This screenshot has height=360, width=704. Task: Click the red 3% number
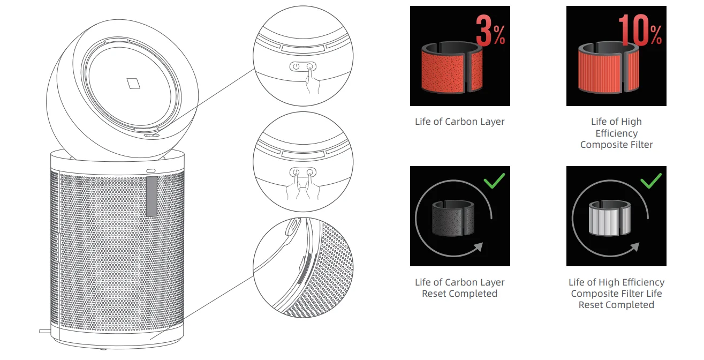pos(490,31)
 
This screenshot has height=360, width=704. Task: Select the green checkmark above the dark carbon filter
pos(494,181)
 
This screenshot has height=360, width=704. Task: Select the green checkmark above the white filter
pos(651,181)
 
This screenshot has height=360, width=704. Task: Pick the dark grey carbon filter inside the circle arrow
pos(453,218)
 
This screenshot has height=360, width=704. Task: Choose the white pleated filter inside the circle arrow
pos(609,218)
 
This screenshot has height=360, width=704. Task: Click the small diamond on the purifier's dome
pos(133,84)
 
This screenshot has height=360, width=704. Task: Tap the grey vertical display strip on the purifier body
pos(152,196)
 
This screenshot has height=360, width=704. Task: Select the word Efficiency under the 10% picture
pos(617,133)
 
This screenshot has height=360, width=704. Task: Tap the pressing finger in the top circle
pos(312,80)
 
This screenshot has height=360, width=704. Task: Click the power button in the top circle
pos(296,66)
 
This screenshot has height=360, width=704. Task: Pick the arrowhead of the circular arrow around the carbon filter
pos(478,247)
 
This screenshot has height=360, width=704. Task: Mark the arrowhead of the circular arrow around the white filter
pos(634,247)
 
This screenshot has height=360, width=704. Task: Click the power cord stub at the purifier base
pos(44,331)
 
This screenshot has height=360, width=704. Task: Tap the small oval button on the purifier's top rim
pos(151,171)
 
